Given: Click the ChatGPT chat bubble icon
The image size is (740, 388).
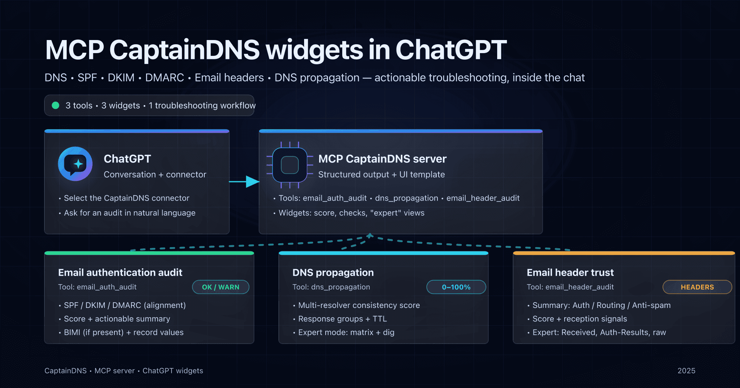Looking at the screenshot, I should click(75, 164).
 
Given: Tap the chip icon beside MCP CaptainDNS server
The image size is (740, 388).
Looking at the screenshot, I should click(290, 165).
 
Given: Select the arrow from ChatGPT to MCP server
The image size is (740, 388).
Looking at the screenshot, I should click(244, 182).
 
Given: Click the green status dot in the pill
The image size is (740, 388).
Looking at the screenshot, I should click(55, 105).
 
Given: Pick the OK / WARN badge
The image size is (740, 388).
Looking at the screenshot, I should click(220, 287).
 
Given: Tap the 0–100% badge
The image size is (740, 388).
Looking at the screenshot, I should click(456, 287).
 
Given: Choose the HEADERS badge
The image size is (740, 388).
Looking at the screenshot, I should click(697, 287).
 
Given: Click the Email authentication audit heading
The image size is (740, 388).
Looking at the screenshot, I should click(120, 273).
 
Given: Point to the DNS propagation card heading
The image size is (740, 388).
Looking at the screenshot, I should click(333, 273).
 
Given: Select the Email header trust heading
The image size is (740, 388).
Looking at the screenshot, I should click(570, 273).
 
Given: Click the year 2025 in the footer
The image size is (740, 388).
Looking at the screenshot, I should click(686, 371).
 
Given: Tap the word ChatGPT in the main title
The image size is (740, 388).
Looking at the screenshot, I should click(451, 50).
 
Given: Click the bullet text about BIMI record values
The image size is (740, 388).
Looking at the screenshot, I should click(124, 332).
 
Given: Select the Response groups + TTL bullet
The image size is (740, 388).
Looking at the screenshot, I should click(342, 319).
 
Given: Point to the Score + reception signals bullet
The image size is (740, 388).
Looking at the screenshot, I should click(580, 319).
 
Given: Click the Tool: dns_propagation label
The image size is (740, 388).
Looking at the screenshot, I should click(331, 287).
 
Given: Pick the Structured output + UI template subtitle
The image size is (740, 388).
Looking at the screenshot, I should click(382, 174).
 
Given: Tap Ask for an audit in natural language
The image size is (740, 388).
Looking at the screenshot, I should click(129, 213).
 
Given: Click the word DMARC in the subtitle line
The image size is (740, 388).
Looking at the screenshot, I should click(165, 78).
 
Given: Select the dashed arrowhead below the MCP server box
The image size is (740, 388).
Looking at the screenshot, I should click(370, 235).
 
